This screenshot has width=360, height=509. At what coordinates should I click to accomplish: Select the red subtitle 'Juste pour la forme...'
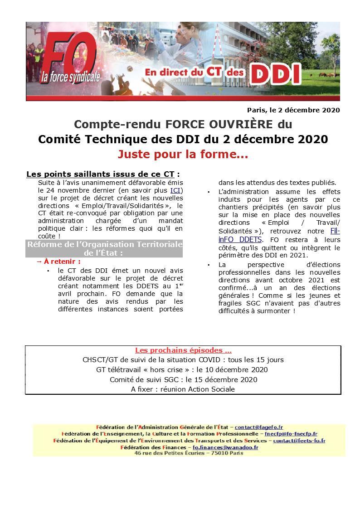[x=183, y=155]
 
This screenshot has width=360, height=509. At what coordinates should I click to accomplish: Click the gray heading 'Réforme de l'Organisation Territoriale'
[x=105, y=244]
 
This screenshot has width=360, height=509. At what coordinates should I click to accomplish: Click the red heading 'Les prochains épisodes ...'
[x=183, y=350]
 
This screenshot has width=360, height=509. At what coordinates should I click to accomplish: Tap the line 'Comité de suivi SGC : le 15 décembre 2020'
[x=183, y=379]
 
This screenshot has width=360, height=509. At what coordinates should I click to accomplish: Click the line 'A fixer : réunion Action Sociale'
[x=183, y=389]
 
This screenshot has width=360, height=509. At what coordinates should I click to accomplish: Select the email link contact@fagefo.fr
[x=258, y=427]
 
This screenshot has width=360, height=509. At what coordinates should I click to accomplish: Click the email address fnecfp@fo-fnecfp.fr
[x=291, y=434]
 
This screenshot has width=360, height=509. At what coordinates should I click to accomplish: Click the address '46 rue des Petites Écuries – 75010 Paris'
[x=186, y=453]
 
